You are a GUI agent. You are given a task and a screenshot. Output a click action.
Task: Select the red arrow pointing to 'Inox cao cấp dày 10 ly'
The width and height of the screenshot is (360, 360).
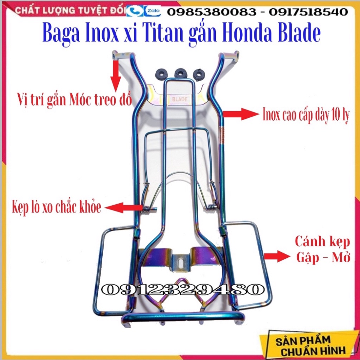(x=240, y=114)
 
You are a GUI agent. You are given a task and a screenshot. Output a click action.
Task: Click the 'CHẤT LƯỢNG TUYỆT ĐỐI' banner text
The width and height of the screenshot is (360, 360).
(x=68, y=11)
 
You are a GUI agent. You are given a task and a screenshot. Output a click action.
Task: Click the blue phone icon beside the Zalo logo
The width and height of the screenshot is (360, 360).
(x=137, y=12)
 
